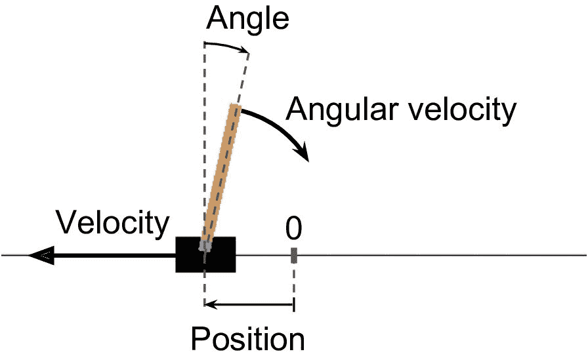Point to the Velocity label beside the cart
point(113,224)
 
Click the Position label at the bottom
point(247,339)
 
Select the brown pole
point(221,174)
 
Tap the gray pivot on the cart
point(206,246)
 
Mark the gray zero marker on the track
point(294,254)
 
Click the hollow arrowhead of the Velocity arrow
point(39,255)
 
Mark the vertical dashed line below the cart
point(205,289)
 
